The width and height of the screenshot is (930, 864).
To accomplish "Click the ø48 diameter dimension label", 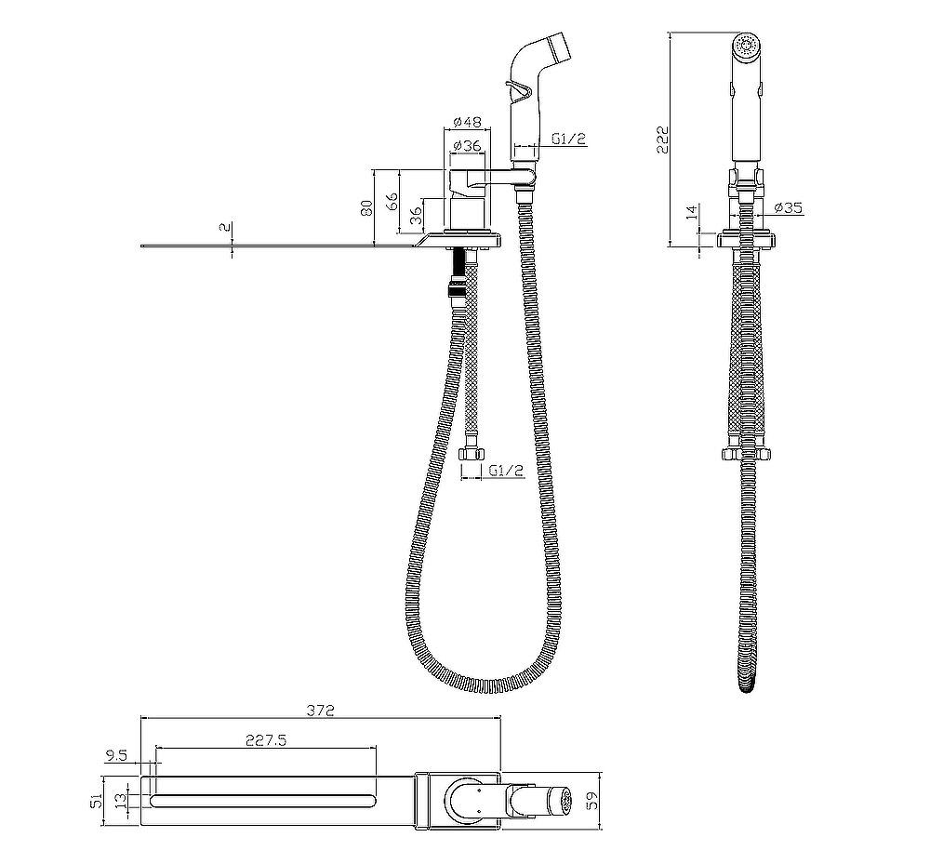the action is pyautogui.click(x=468, y=122).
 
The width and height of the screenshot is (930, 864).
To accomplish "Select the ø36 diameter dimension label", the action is pyautogui.click(x=467, y=145).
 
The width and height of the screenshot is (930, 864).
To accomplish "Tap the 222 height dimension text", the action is pyautogui.click(x=663, y=140).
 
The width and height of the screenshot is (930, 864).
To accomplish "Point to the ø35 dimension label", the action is pyautogui.click(x=789, y=207).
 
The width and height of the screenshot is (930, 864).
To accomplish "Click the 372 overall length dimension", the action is pyautogui.click(x=322, y=710).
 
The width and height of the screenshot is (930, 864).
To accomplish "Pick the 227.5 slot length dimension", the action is pyautogui.click(x=266, y=740).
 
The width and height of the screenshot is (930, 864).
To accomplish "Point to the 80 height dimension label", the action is pyautogui.click(x=367, y=207).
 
